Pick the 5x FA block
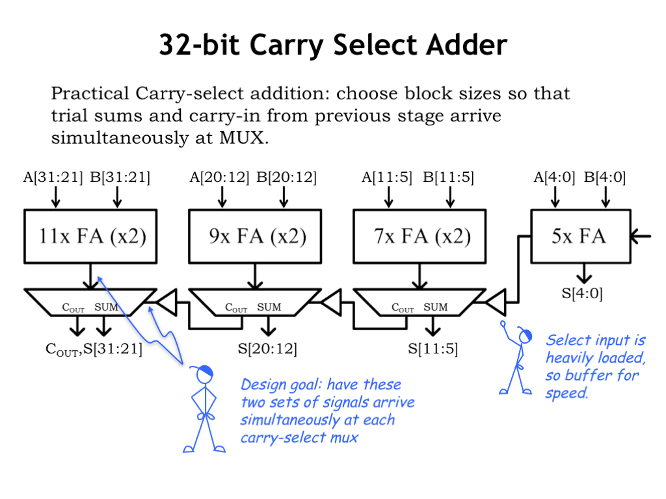pos(579,236)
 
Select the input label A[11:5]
pos(387,177)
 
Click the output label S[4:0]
pos(582,293)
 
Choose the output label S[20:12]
pos(267,349)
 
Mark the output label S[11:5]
pos(433,349)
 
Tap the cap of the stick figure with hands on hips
pos(203,371)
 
